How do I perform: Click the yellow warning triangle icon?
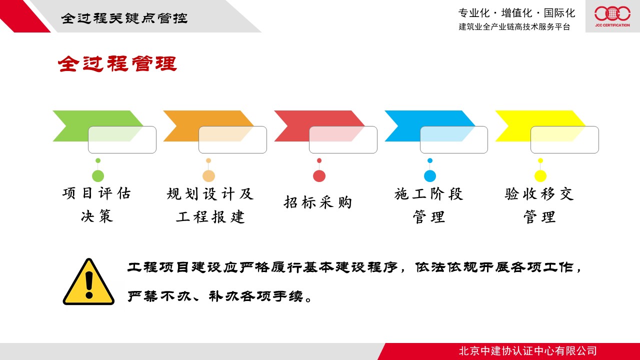[88, 282]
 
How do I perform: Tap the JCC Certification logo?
[612, 16]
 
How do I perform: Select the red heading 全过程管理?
[117, 63]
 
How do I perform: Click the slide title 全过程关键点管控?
[124, 18]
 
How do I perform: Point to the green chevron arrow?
[97, 126]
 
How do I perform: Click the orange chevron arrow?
[208, 126]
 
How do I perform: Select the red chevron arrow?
[319, 126]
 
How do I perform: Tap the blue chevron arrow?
[429, 126]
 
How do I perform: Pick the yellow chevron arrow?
[540, 126]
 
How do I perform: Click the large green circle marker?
[98, 175]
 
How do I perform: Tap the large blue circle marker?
[430, 175]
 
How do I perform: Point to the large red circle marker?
[319, 175]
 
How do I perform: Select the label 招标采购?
[317, 202]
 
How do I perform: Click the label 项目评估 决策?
[97, 204]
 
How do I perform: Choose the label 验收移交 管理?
[539, 205]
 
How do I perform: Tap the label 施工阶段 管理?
[429, 205]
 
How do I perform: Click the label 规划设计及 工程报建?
[210, 205]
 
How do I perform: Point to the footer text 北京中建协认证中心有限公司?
[528, 351]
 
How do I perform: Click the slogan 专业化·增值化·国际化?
[517, 13]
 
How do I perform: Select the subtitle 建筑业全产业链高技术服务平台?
[514, 26]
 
